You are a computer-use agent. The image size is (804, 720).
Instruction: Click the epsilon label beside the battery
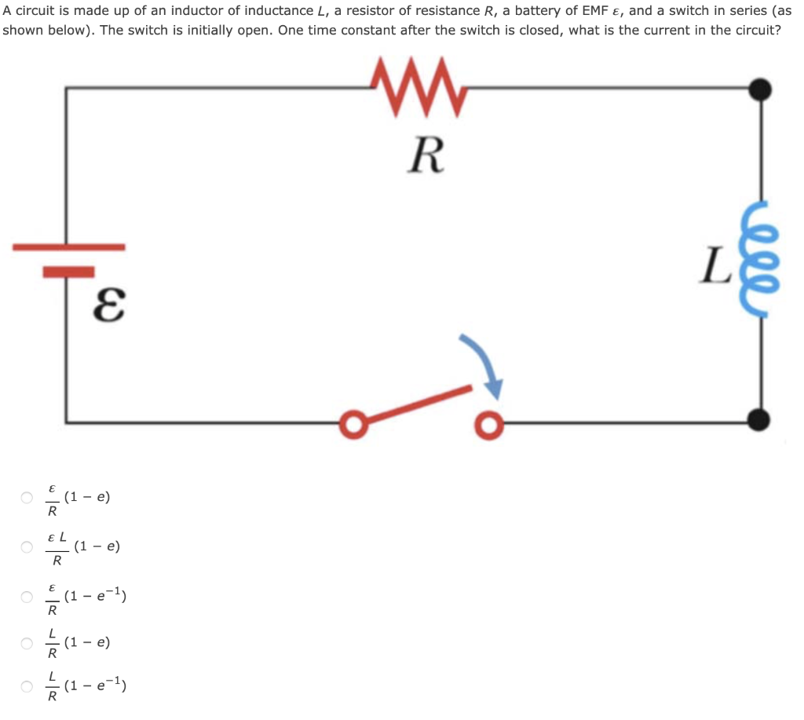(108, 303)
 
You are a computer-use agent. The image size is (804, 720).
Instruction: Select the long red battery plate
(68, 247)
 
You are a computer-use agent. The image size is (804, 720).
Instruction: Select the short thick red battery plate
(68, 272)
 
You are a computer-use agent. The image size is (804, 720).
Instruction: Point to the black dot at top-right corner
(759, 89)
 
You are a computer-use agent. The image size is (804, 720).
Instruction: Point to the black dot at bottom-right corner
(759, 420)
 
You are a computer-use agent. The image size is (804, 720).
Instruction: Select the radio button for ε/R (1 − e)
(27, 498)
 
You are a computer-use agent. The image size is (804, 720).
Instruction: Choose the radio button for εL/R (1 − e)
(27, 547)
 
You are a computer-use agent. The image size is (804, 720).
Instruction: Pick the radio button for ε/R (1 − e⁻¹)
(27, 597)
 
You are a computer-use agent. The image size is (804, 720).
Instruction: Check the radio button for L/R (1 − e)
(27, 644)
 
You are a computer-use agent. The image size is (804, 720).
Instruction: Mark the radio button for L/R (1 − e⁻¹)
(27, 689)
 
